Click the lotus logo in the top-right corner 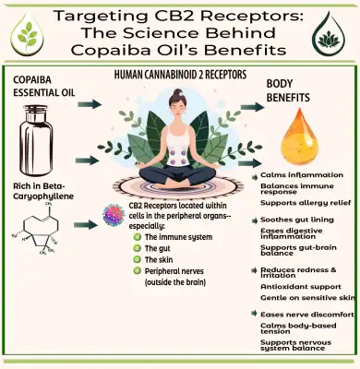330,31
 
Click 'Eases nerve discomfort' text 296,315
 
